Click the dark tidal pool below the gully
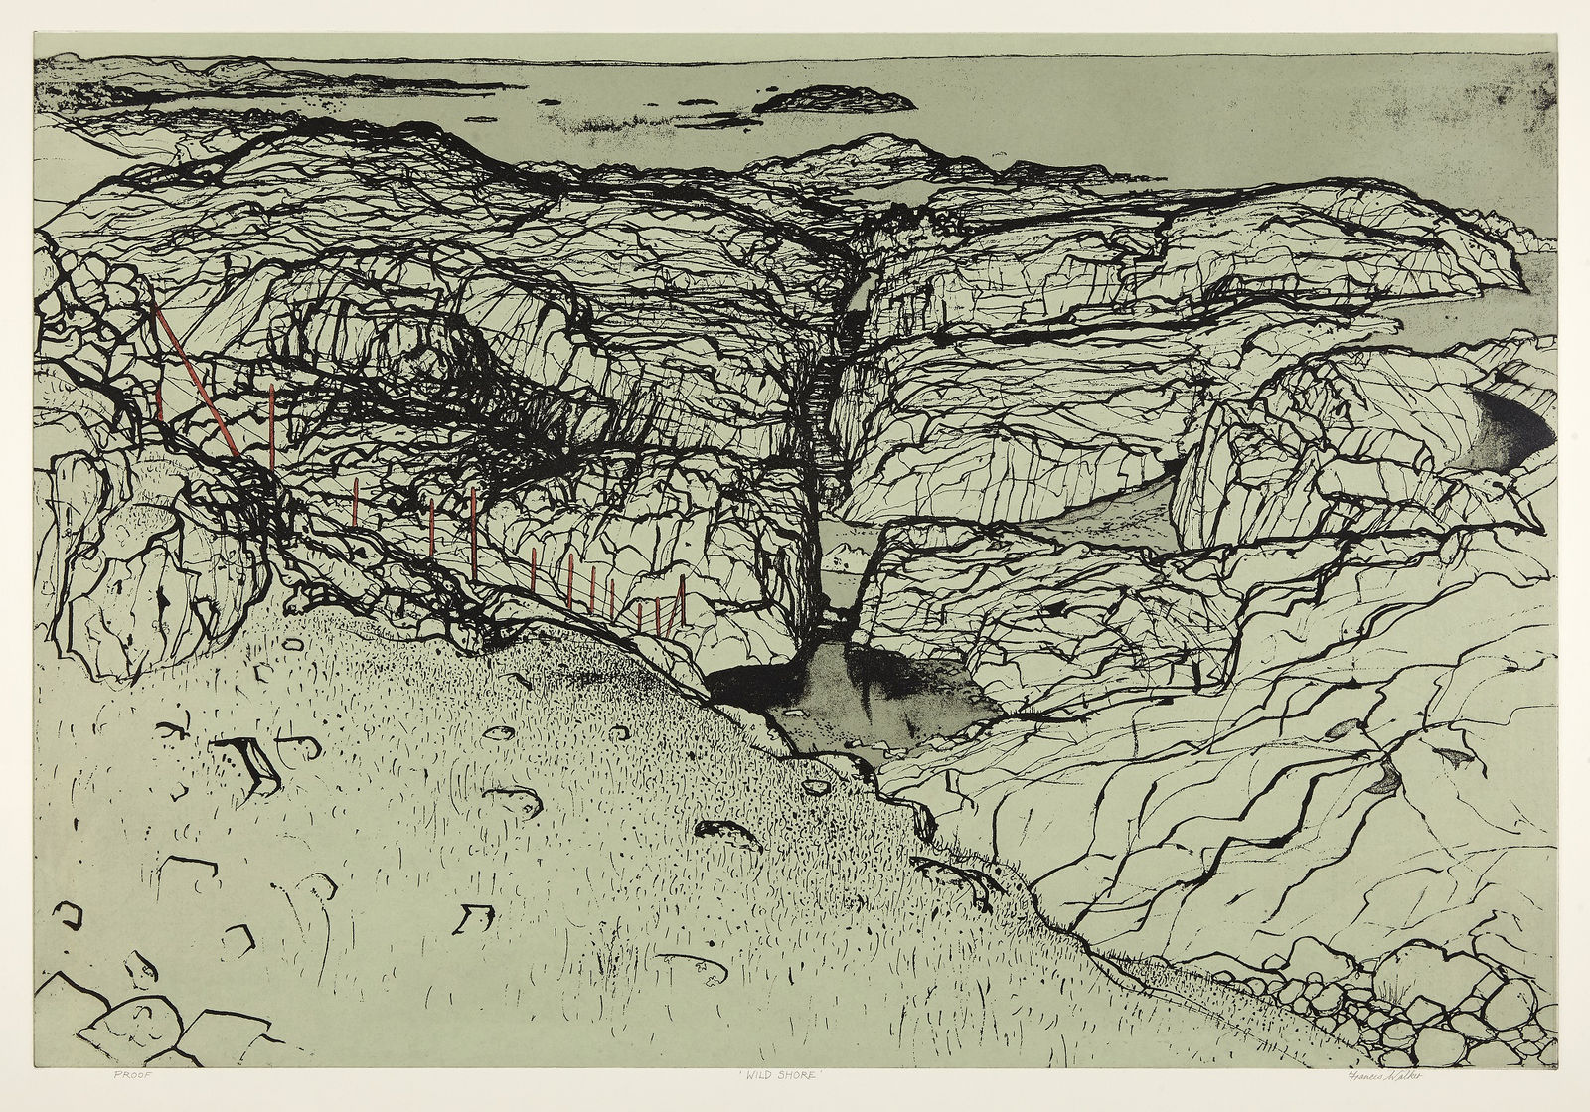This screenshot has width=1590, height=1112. click(865, 696)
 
